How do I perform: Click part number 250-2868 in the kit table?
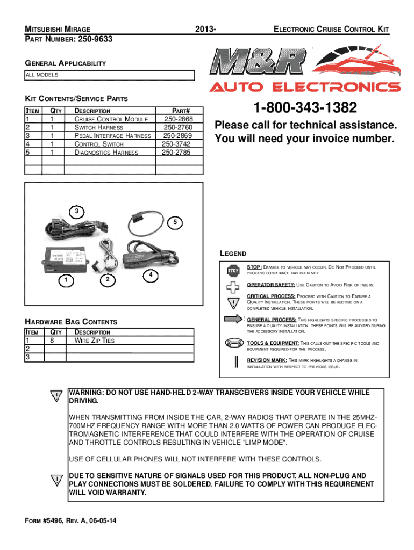point(180,119)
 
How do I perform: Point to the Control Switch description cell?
point(98,144)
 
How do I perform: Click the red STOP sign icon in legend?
point(232,270)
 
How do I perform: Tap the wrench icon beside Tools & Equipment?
point(232,343)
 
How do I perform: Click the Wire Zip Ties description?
point(94,340)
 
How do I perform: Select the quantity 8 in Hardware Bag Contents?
point(52,340)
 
